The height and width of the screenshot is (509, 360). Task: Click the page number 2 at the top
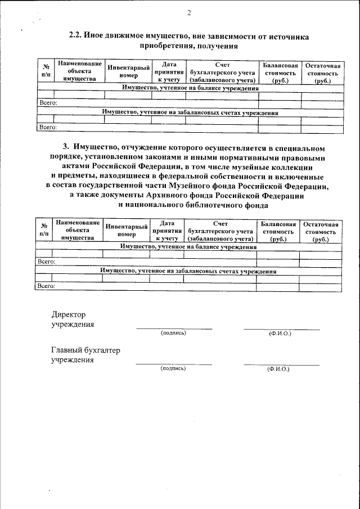(x=189, y=13)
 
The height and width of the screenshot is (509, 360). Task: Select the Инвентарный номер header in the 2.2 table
(x=128, y=71)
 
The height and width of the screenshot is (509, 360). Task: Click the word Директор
(x=69, y=314)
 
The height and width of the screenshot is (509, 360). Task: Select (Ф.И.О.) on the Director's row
(x=280, y=333)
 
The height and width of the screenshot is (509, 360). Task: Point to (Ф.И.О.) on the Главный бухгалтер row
(x=278, y=369)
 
